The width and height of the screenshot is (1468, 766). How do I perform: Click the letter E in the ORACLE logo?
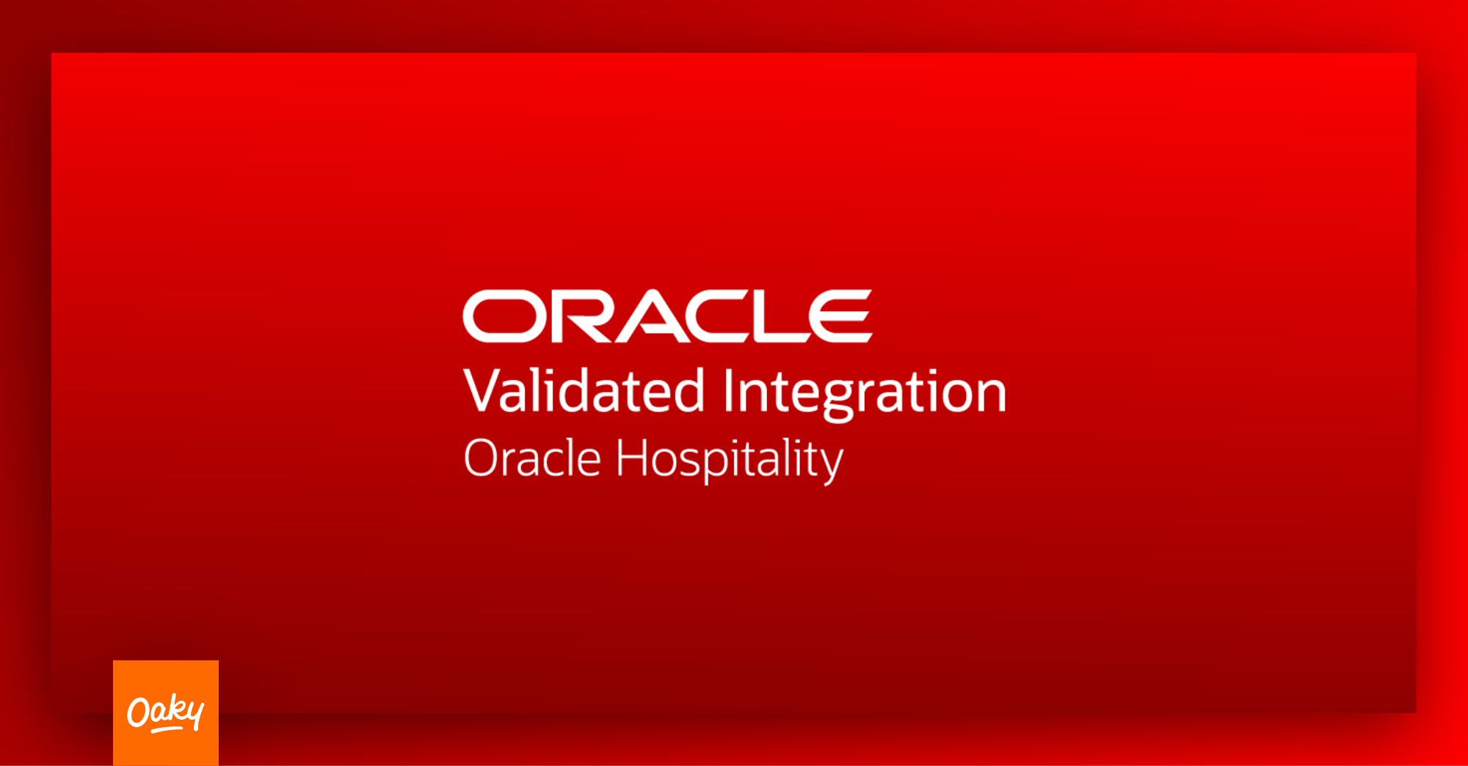(844, 316)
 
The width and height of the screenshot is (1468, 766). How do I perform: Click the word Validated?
(584, 390)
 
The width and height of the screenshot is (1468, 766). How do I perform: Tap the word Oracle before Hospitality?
(533, 459)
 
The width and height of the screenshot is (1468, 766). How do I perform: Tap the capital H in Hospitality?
(632, 458)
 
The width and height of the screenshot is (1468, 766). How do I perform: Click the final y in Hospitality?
(830, 467)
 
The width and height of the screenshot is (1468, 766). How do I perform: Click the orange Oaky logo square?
(166, 713)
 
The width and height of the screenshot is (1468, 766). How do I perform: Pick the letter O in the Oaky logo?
(139, 712)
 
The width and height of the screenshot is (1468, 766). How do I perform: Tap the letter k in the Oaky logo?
(175, 708)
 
